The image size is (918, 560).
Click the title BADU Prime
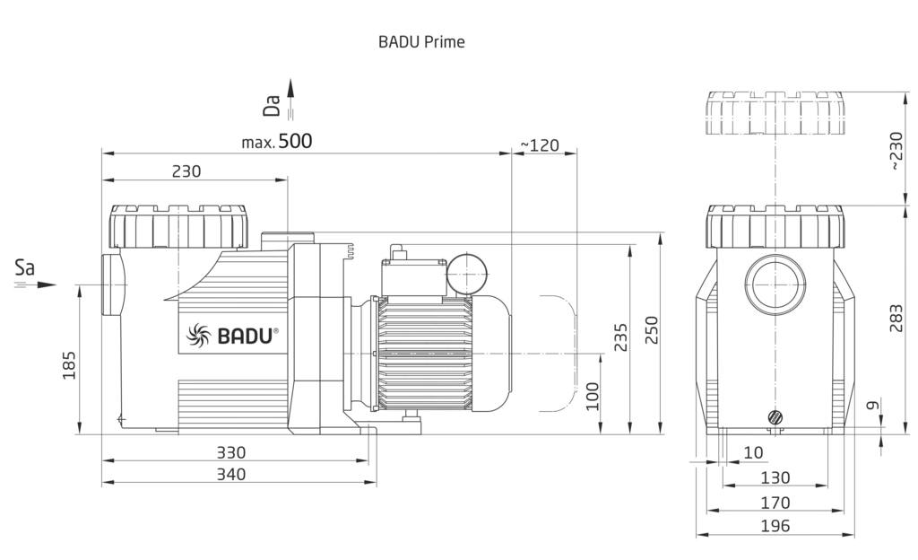click(421, 41)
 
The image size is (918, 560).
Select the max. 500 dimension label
click(277, 141)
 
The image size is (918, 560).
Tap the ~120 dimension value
click(540, 144)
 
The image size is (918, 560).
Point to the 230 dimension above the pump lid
click(186, 171)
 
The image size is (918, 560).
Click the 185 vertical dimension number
click(68, 363)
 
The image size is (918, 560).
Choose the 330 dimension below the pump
click(230, 452)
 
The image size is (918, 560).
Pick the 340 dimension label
click(230, 474)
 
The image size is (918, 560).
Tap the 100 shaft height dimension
click(592, 395)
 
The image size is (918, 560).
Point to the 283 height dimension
click(896, 317)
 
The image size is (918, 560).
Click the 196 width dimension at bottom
click(775, 526)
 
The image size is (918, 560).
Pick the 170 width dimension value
click(775, 502)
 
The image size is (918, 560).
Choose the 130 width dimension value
click(775, 477)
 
